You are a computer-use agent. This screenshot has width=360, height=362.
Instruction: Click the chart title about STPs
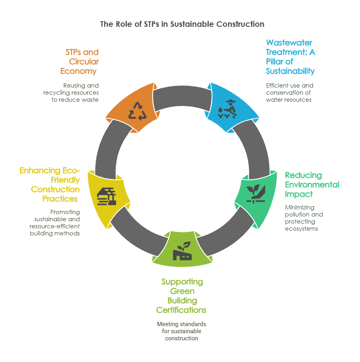pyautogui.click(x=182, y=24)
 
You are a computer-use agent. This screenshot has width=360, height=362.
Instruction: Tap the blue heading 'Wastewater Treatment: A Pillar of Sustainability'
pyautogui.click(x=290, y=57)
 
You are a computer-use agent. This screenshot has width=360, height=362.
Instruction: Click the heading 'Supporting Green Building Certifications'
pyautogui.click(x=182, y=296)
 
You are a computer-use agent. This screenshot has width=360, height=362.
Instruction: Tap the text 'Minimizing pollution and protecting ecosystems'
pyautogui.click(x=304, y=218)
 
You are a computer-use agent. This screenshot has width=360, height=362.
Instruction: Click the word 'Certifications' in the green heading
pyautogui.click(x=181, y=310)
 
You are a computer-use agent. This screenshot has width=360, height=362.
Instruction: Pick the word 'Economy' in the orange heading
pyautogui.click(x=78, y=71)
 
